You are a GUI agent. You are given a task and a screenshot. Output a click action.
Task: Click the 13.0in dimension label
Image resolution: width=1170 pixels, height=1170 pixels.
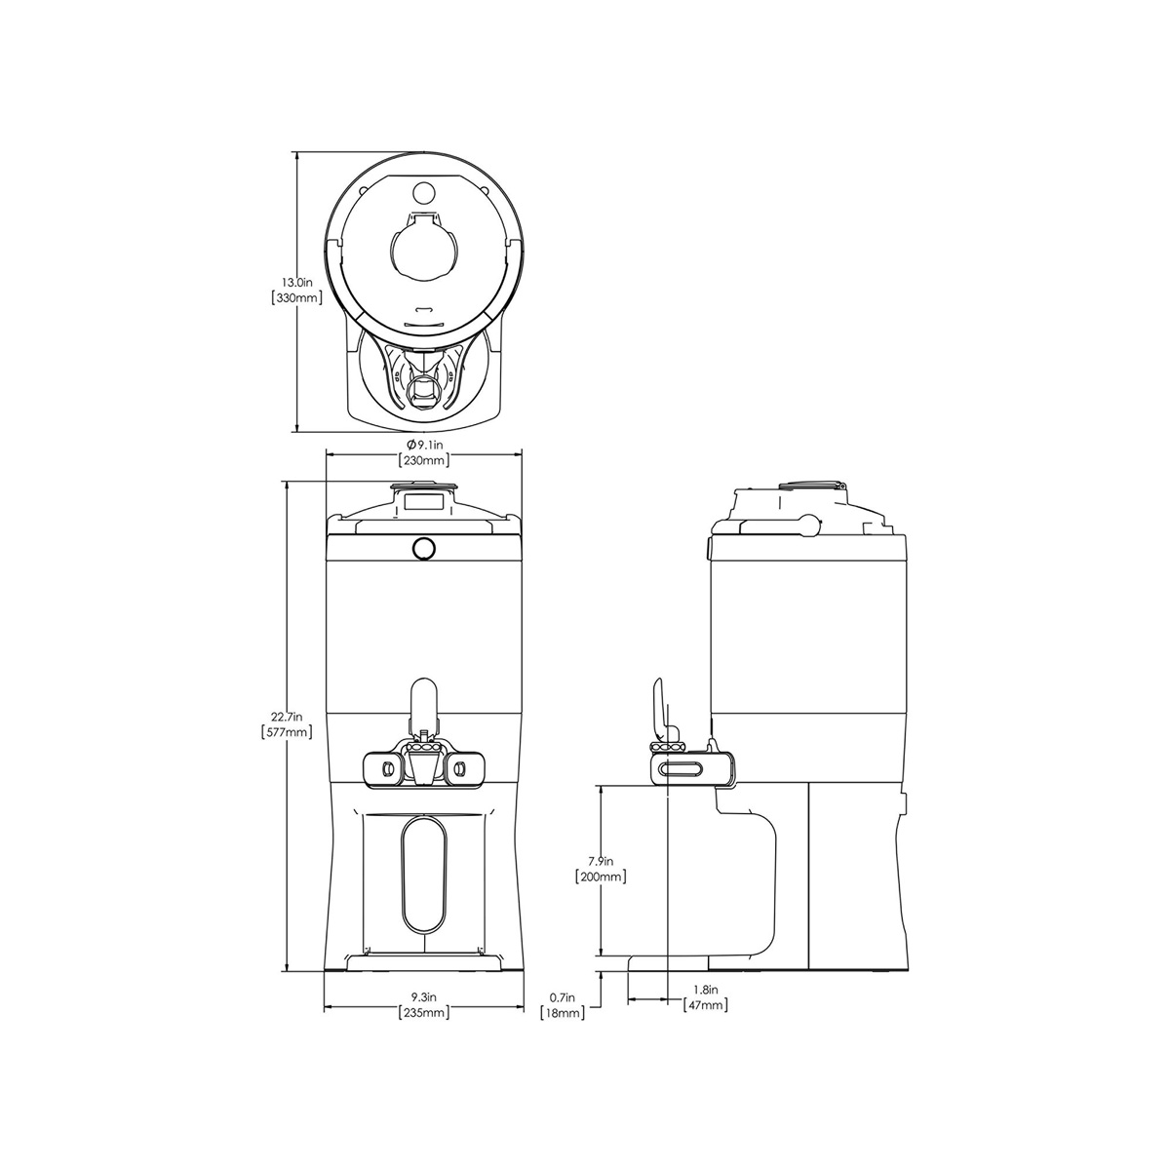pos(296,282)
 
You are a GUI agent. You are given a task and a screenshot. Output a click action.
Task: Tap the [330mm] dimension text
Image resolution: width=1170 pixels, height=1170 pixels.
pos(296,298)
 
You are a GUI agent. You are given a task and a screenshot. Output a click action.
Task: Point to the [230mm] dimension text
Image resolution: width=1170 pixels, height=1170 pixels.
pos(424,460)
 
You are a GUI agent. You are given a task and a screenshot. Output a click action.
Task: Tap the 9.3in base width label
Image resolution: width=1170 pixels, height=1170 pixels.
pos(424,996)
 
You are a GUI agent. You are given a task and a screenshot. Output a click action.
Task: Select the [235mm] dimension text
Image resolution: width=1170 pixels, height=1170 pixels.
pos(424,1012)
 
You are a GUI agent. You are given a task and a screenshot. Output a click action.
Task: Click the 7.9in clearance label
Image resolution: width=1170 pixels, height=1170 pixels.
pos(601,860)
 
